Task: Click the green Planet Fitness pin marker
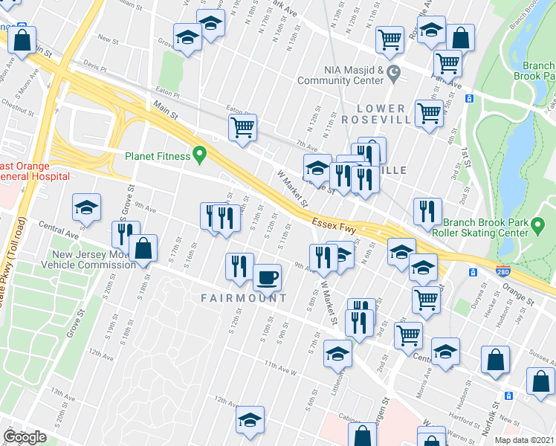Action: [199, 155]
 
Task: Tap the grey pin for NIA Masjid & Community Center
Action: [394, 74]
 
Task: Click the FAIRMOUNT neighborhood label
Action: [243, 298]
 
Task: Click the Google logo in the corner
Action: [25, 437]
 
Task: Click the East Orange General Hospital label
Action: [33, 171]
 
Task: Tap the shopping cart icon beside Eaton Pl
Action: [242, 128]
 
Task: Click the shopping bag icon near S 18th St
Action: [143, 249]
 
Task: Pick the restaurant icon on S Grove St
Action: [125, 234]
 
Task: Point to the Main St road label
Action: [167, 111]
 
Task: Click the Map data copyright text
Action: [525, 440]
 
